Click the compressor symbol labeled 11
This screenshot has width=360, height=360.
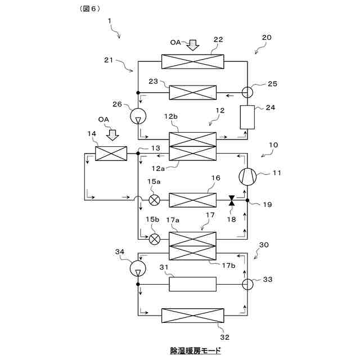click(x=247, y=177)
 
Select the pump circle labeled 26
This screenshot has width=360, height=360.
click(x=138, y=116)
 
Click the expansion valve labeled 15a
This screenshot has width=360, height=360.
click(x=154, y=200)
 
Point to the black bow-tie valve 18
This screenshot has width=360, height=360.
click(x=231, y=200)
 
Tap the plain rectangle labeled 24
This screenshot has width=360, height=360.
click(x=247, y=117)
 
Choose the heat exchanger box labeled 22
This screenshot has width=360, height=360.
click(x=192, y=61)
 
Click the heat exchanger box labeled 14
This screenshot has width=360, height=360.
click(x=111, y=153)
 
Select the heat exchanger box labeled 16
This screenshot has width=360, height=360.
click(x=192, y=200)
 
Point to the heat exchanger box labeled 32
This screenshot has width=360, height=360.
click(x=192, y=315)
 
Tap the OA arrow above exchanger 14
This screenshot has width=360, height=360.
click(x=113, y=135)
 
